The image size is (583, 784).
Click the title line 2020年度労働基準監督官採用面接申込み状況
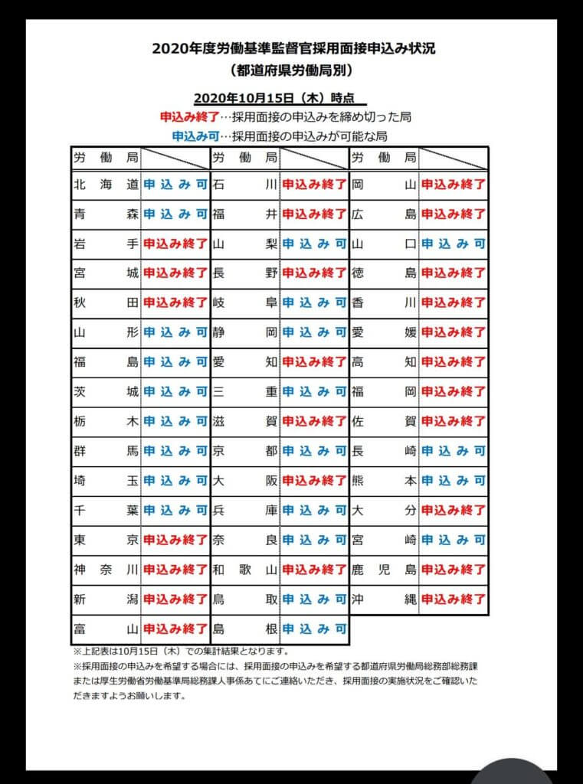pos(294,49)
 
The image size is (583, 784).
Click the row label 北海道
pos(106,185)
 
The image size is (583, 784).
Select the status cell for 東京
pos(175,539)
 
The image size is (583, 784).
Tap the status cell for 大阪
pos(314,480)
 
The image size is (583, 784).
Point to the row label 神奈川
pos(106,569)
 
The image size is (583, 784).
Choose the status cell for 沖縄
pos(454,599)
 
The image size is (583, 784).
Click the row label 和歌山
pos(245,569)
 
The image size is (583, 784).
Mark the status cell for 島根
pos(314,629)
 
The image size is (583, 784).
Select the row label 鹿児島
pos(384,569)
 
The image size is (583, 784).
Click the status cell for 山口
pos(454,243)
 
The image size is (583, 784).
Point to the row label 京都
pos(245,451)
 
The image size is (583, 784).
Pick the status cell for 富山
pos(175,629)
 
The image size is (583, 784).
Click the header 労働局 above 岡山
pos(384,158)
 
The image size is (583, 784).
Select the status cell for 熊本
pos(454,480)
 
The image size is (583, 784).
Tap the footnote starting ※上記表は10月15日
pos(181,652)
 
